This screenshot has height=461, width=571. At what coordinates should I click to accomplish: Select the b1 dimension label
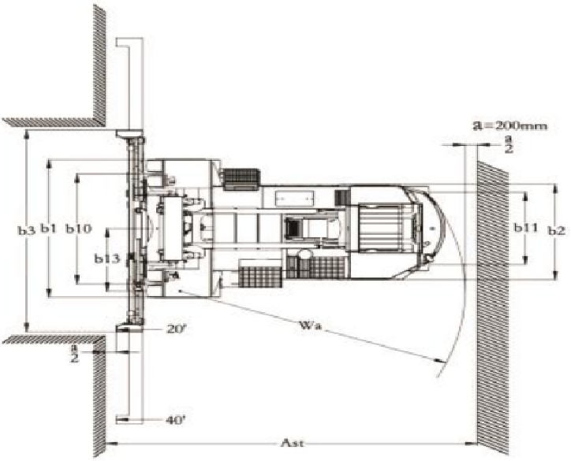[50, 229]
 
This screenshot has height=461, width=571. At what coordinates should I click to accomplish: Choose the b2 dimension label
[555, 230]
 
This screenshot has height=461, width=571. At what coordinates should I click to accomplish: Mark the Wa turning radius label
[312, 324]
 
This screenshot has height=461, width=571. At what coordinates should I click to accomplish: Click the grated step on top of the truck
[242, 179]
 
